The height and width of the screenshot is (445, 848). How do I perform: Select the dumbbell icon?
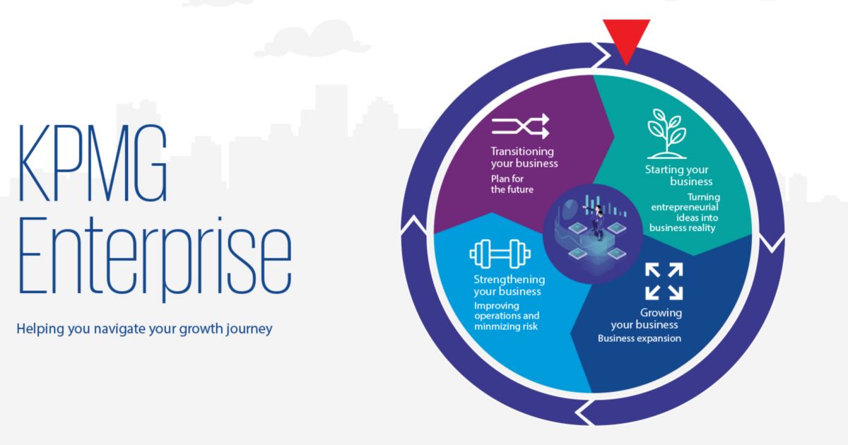point(500,254)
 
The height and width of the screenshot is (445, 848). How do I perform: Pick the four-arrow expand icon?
point(664,281)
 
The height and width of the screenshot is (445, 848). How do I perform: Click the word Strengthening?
point(509,279)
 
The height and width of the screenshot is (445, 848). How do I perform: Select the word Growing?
point(661,313)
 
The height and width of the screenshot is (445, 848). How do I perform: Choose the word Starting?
point(665,170)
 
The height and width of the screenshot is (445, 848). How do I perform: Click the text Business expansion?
point(640,338)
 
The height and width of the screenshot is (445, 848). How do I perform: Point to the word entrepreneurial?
point(684,208)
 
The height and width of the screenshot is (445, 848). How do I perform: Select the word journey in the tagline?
point(252,328)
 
